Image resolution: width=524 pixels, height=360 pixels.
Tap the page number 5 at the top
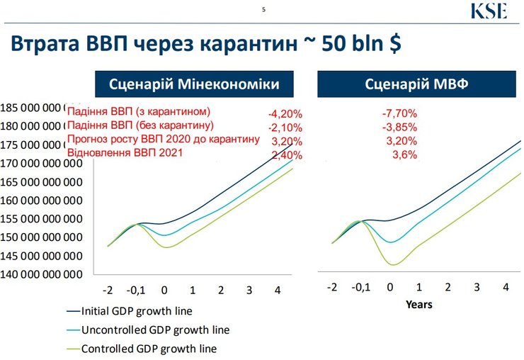tap(264, 11)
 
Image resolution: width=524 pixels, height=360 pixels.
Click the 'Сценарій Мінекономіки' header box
tap(193, 84)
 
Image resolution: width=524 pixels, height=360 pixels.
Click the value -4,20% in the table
tap(285, 114)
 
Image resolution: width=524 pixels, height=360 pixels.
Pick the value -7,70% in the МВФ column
tap(399, 113)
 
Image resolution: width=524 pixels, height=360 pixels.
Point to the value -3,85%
tap(399, 128)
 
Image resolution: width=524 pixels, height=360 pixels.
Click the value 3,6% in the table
tap(404, 154)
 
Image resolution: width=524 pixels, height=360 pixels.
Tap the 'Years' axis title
tap(418, 305)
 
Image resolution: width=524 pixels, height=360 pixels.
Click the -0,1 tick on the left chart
tap(135, 290)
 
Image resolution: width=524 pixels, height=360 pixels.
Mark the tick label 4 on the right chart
tap(506, 287)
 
